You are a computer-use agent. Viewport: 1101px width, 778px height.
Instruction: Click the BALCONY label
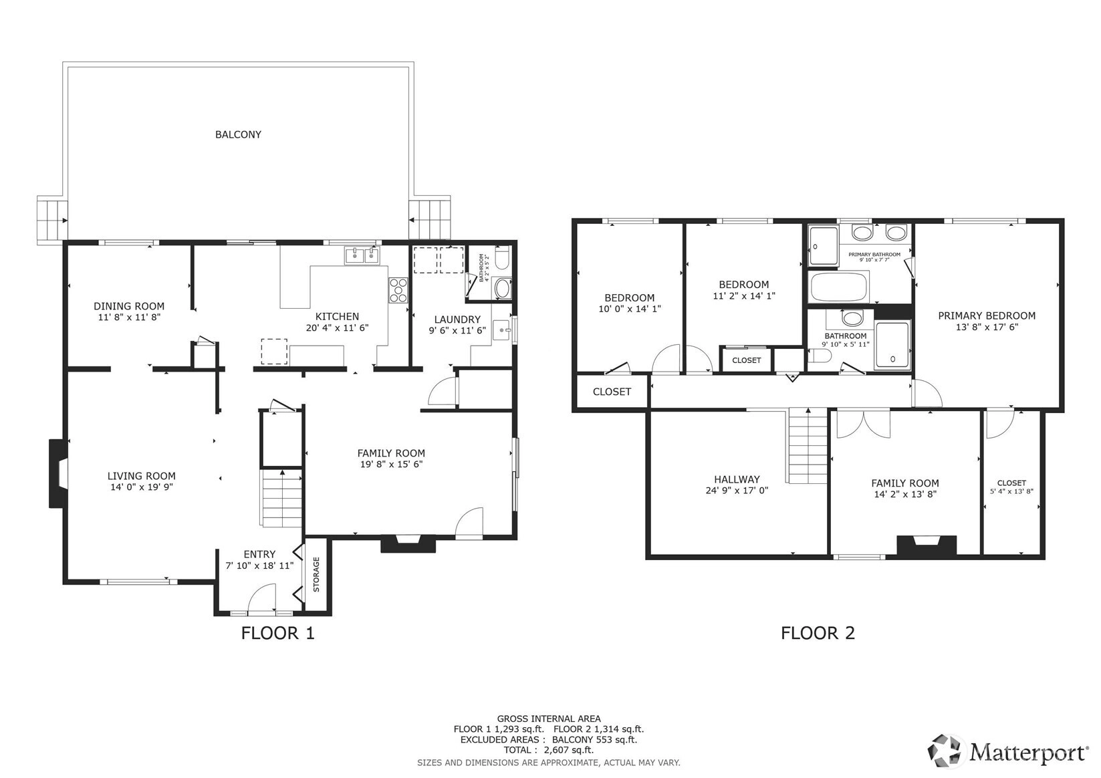point(238,134)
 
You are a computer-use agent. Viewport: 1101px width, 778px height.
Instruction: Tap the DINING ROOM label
point(129,306)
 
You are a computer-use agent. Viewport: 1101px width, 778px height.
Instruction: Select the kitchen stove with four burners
point(398,290)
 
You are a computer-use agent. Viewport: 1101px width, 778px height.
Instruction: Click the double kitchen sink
point(362,255)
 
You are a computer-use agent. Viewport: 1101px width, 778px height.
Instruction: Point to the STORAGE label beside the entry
point(317,574)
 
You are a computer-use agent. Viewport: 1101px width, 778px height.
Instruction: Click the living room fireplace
point(56,473)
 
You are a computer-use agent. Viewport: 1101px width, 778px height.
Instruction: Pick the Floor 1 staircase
point(281,498)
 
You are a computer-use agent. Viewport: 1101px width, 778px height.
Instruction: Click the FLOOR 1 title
point(277,634)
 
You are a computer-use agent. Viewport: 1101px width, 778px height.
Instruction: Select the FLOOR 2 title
point(818,633)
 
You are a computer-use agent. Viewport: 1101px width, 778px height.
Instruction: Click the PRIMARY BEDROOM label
point(987,316)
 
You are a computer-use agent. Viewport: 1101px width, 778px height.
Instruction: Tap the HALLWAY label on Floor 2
point(737,479)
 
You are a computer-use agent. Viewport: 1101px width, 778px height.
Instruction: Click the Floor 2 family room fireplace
point(927,545)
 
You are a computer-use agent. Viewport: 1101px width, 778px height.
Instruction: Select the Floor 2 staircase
point(808,446)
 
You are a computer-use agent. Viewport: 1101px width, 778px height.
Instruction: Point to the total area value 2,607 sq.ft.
point(569,750)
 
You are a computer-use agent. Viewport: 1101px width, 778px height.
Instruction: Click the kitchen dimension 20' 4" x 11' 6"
point(337,328)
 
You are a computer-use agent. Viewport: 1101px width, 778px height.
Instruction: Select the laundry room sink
point(501,330)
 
